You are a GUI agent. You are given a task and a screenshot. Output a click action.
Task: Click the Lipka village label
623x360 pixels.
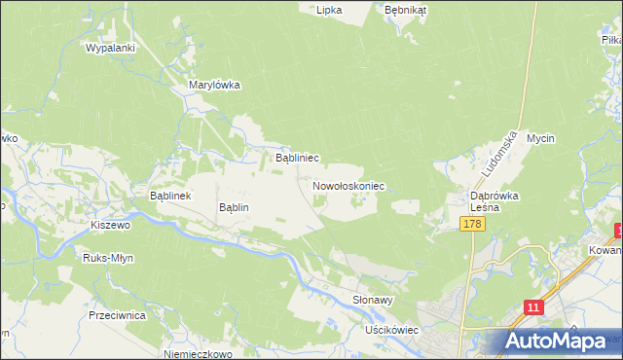(330, 10)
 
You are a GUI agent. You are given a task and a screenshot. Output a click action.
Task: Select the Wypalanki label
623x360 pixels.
(109, 47)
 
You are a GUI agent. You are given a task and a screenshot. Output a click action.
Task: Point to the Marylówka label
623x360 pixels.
(214, 85)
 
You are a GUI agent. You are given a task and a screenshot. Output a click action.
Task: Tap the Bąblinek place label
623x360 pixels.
(175, 196)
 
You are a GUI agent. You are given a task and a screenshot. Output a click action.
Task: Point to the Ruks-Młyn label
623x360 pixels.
(108, 258)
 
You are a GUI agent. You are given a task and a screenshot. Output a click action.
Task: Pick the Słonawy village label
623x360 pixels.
(373, 301)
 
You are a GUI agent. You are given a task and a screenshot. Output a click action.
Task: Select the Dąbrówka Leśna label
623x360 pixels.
(494, 201)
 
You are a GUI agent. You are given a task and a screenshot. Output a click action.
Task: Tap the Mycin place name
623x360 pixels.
(540, 138)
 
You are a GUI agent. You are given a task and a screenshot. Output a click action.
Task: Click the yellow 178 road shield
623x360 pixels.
(472, 224)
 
